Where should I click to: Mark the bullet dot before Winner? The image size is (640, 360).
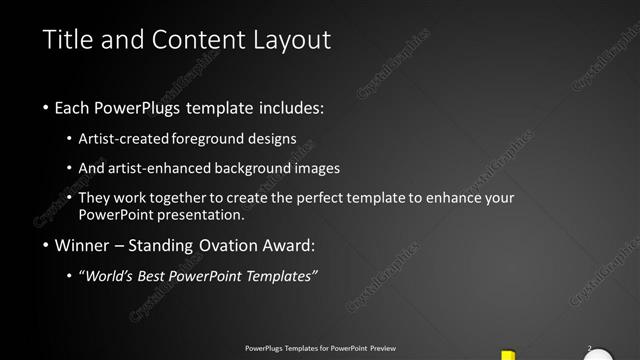click(46, 246)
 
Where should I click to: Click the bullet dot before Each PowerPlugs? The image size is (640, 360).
click(46, 107)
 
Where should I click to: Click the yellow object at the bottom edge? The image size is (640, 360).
click(508, 354)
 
